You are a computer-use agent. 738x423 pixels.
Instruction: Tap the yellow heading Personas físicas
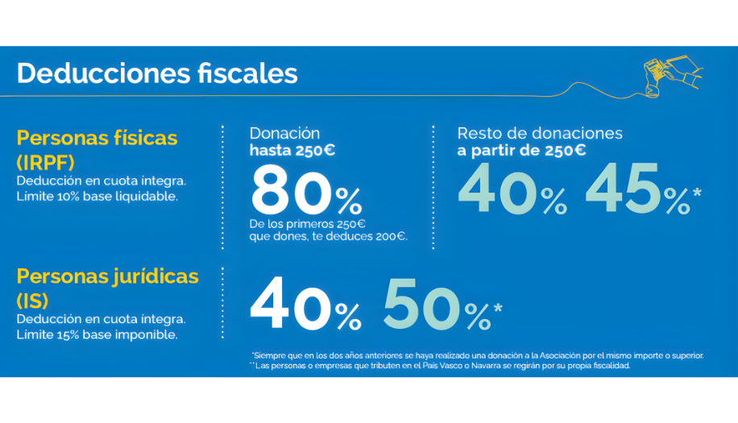[97, 137]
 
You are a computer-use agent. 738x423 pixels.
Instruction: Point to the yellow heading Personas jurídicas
[107, 277]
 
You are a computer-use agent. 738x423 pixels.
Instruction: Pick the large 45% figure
[636, 189]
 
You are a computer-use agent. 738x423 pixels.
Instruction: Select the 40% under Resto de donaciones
[512, 189]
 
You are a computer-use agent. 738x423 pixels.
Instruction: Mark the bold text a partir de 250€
[521, 151]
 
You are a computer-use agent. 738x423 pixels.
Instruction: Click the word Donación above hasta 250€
[284, 134]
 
